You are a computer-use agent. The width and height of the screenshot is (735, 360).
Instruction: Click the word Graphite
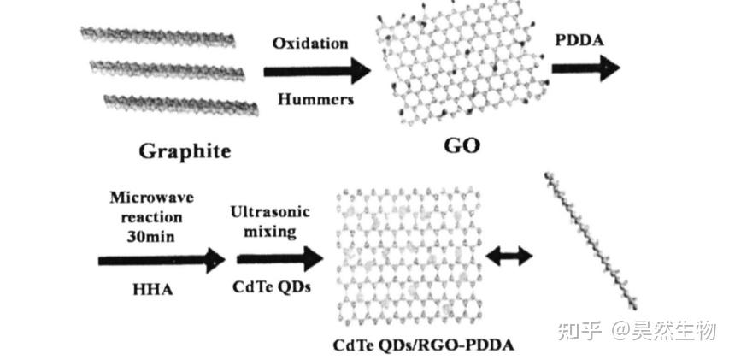click(x=185, y=151)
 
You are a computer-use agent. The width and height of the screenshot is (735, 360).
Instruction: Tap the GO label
click(x=462, y=145)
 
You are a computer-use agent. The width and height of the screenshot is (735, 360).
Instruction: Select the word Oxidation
click(x=310, y=43)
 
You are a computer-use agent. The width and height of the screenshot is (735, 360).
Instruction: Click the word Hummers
click(x=316, y=99)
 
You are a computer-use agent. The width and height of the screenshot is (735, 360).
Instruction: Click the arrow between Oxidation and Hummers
click(x=320, y=71)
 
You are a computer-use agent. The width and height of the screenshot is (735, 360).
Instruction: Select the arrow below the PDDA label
click(x=586, y=68)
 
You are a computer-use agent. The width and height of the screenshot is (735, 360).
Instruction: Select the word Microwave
click(x=152, y=198)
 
